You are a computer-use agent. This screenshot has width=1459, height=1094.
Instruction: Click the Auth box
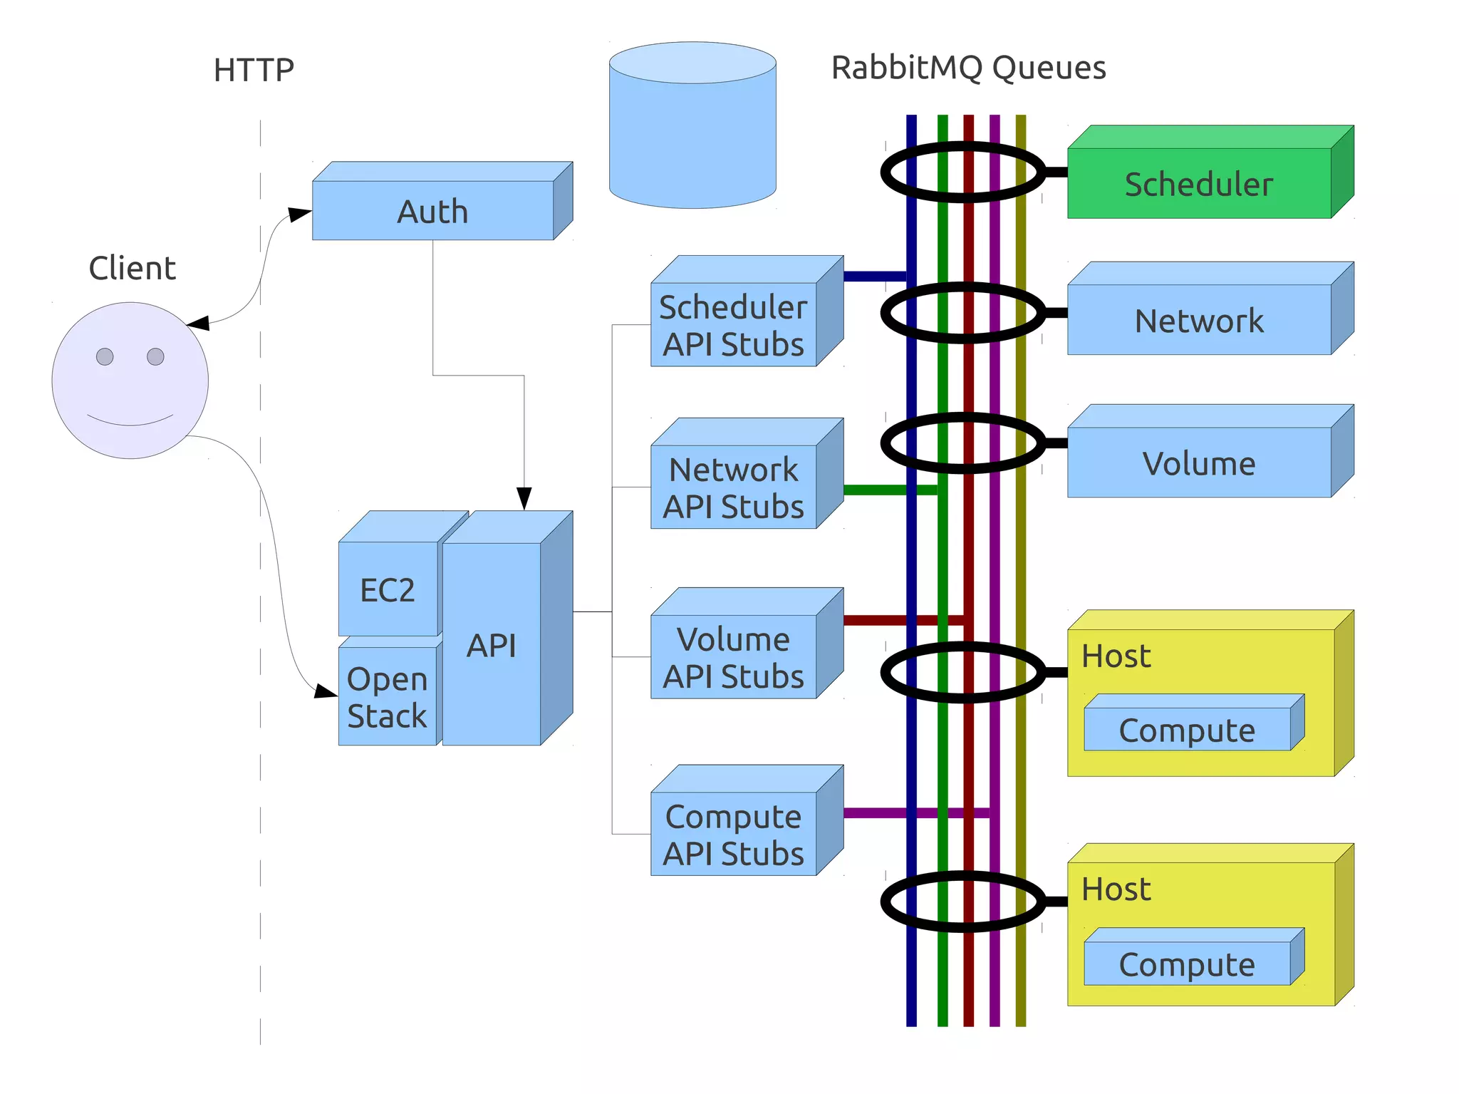point(432,210)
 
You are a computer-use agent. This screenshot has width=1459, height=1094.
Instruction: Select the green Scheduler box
point(1199,183)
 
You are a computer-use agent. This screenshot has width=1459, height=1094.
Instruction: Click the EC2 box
point(387,589)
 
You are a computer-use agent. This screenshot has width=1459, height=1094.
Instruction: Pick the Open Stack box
point(387,696)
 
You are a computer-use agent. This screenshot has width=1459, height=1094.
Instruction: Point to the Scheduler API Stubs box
point(733,325)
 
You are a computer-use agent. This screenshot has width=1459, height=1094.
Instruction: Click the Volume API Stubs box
point(733,656)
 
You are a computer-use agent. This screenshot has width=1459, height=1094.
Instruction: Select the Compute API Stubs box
point(733,833)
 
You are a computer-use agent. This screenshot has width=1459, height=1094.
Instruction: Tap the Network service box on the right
point(1199,320)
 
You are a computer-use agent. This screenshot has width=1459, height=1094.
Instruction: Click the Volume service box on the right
point(1199,463)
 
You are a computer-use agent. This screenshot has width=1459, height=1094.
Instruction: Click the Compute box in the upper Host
point(1187,729)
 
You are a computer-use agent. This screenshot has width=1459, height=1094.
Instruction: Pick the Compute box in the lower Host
point(1187,964)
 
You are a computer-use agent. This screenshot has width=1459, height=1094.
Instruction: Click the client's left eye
point(105,356)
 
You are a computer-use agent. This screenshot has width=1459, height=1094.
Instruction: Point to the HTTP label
point(254,71)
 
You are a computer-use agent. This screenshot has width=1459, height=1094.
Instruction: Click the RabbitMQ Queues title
point(968,68)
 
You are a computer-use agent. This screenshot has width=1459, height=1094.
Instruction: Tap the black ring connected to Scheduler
point(887,172)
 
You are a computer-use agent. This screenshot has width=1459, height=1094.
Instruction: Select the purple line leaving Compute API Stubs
point(876,813)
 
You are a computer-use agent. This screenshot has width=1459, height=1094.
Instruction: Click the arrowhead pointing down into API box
point(524,498)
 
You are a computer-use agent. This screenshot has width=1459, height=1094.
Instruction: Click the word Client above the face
point(132,268)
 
